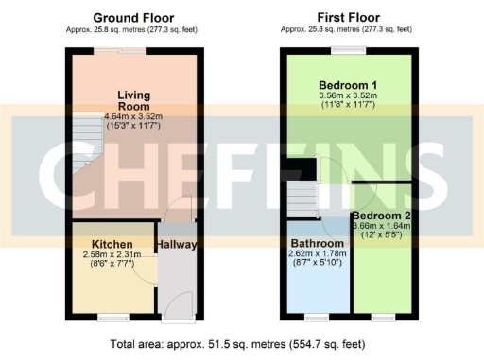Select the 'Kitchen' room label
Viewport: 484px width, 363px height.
tap(112, 244)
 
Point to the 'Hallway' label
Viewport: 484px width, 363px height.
tap(177, 244)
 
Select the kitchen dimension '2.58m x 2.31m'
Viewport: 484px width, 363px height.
tap(112, 256)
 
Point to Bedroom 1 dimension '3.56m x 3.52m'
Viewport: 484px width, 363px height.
tap(347, 95)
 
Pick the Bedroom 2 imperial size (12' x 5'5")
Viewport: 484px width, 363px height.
tap(379, 235)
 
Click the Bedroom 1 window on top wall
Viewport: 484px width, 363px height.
tap(348, 50)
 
